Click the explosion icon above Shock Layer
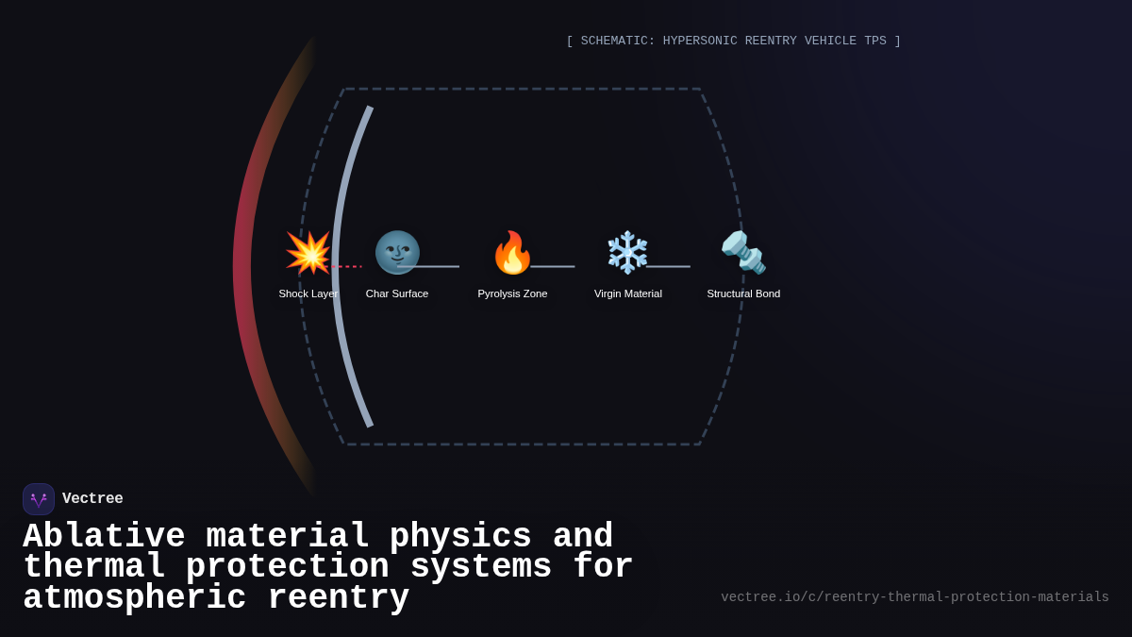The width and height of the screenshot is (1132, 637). pyautogui.click(x=308, y=253)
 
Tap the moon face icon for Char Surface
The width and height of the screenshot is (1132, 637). pyautogui.click(x=397, y=253)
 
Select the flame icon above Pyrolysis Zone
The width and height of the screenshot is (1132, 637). pyautogui.click(x=512, y=253)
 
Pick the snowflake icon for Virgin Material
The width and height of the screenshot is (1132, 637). pyautogui.click(x=627, y=253)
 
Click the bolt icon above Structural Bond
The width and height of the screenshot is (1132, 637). pyautogui.click(x=743, y=253)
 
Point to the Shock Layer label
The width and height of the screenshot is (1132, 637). pyautogui.click(x=308, y=293)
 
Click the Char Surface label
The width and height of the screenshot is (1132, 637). pyautogui.click(x=397, y=293)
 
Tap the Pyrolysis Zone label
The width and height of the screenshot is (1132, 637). pyautogui.click(x=512, y=293)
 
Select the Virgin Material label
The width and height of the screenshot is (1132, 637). pyautogui.click(x=628, y=293)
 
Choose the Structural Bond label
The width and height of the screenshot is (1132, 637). pyautogui.click(x=743, y=293)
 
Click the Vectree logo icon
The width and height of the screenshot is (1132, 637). pyautogui.click(x=39, y=499)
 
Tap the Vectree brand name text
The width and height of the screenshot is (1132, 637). pyautogui.click(x=92, y=499)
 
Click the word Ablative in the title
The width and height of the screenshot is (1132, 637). pyautogui.click(x=104, y=537)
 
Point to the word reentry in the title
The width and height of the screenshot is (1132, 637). pyautogui.click(x=339, y=598)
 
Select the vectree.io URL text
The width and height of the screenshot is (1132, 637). pyautogui.click(x=915, y=597)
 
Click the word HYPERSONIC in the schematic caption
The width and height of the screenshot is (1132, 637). pyautogui.click(x=706, y=42)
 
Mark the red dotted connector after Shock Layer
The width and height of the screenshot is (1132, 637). pyautogui.click(x=347, y=267)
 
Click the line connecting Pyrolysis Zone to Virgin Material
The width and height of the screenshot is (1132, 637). pyautogui.click(x=553, y=267)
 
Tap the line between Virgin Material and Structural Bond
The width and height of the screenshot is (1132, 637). pyautogui.click(x=668, y=267)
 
